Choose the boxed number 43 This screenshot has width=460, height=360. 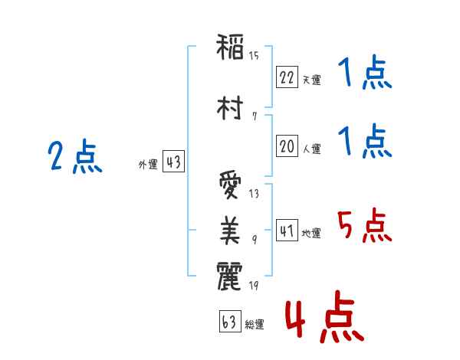click(173, 162)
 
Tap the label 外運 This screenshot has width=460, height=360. click(148, 165)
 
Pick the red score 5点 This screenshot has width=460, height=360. click(363, 224)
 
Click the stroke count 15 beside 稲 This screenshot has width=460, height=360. click(254, 56)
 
